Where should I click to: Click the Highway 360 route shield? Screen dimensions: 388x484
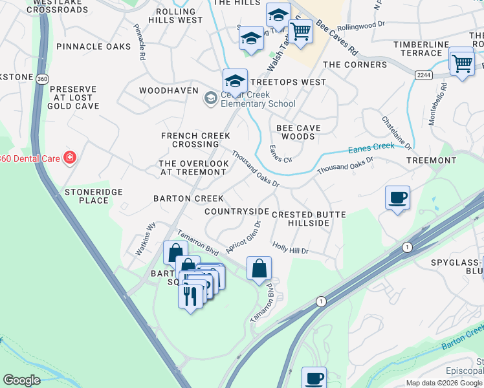pyautogui.click(x=41, y=79)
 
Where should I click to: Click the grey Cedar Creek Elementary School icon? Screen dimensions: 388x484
pyautogui.click(x=210, y=98)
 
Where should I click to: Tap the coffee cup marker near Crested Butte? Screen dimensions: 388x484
pyautogui.click(x=397, y=197)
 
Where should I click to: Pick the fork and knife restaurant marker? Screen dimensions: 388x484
pyautogui.click(x=190, y=296)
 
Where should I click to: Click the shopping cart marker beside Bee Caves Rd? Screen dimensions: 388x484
pyautogui.click(x=300, y=30)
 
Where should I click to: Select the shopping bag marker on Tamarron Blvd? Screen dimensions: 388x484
pyautogui.click(x=259, y=268)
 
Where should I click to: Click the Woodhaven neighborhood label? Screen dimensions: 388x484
pyautogui.click(x=168, y=91)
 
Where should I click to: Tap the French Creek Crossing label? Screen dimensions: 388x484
pyautogui.click(x=195, y=140)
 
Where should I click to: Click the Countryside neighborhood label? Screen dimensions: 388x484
pyautogui.click(x=236, y=211)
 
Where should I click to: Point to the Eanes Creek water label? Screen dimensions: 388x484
pyautogui.click(x=371, y=148)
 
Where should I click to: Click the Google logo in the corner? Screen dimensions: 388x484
pyautogui.click(x=22, y=380)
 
